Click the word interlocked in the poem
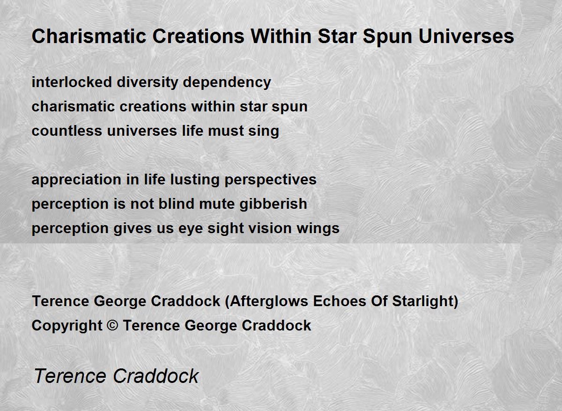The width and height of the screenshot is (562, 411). click(x=72, y=82)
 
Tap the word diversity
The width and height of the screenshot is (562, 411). click(x=147, y=83)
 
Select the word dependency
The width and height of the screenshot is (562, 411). click(x=227, y=83)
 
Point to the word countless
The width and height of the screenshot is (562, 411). click(x=67, y=131)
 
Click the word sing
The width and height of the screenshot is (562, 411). click(x=263, y=132)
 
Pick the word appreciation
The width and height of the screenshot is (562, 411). click(x=76, y=180)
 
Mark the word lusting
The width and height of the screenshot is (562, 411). click(x=195, y=180)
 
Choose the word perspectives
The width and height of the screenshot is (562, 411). click(x=271, y=180)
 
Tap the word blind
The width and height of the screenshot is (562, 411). click(x=177, y=204)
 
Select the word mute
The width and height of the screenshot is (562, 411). click(x=217, y=204)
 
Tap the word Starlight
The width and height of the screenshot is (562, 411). click(x=422, y=301)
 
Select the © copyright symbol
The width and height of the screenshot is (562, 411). click(x=112, y=325)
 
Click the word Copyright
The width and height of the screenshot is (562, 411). click(x=67, y=326)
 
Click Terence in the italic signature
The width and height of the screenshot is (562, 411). click(x=70, y=376)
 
